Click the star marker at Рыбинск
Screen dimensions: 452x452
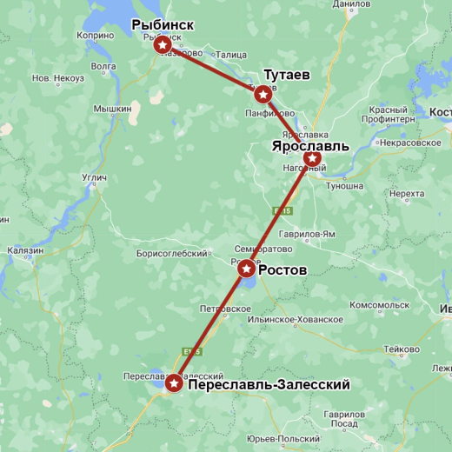click(x=162, y=44)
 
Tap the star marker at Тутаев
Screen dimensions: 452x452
click(x=263, y=93)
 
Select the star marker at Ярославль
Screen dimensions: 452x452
click(x=311, y=158)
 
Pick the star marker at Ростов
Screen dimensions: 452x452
click(x=247, y=269)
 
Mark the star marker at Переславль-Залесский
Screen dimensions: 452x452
click(x=174, y=382)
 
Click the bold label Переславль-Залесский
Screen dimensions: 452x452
click(x=269, y=384)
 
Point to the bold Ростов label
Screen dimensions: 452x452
click(x=282, y=270)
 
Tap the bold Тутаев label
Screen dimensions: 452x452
click(x=287, y=75)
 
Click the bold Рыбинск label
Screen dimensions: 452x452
click(x=163, y=25)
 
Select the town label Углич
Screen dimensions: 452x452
click(x=94, y=178)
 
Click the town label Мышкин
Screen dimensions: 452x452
click(x=112, y=109)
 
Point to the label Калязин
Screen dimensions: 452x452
click(x=25, y=250)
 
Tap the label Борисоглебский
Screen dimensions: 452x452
click(x=172, y=254)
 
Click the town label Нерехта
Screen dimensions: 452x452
click(x=407, y=194)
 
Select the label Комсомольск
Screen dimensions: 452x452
click(x=379, y=305)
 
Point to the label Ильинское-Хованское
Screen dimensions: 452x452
click(x=295, y=319)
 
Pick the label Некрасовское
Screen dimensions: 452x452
click(x=409, y=143)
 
